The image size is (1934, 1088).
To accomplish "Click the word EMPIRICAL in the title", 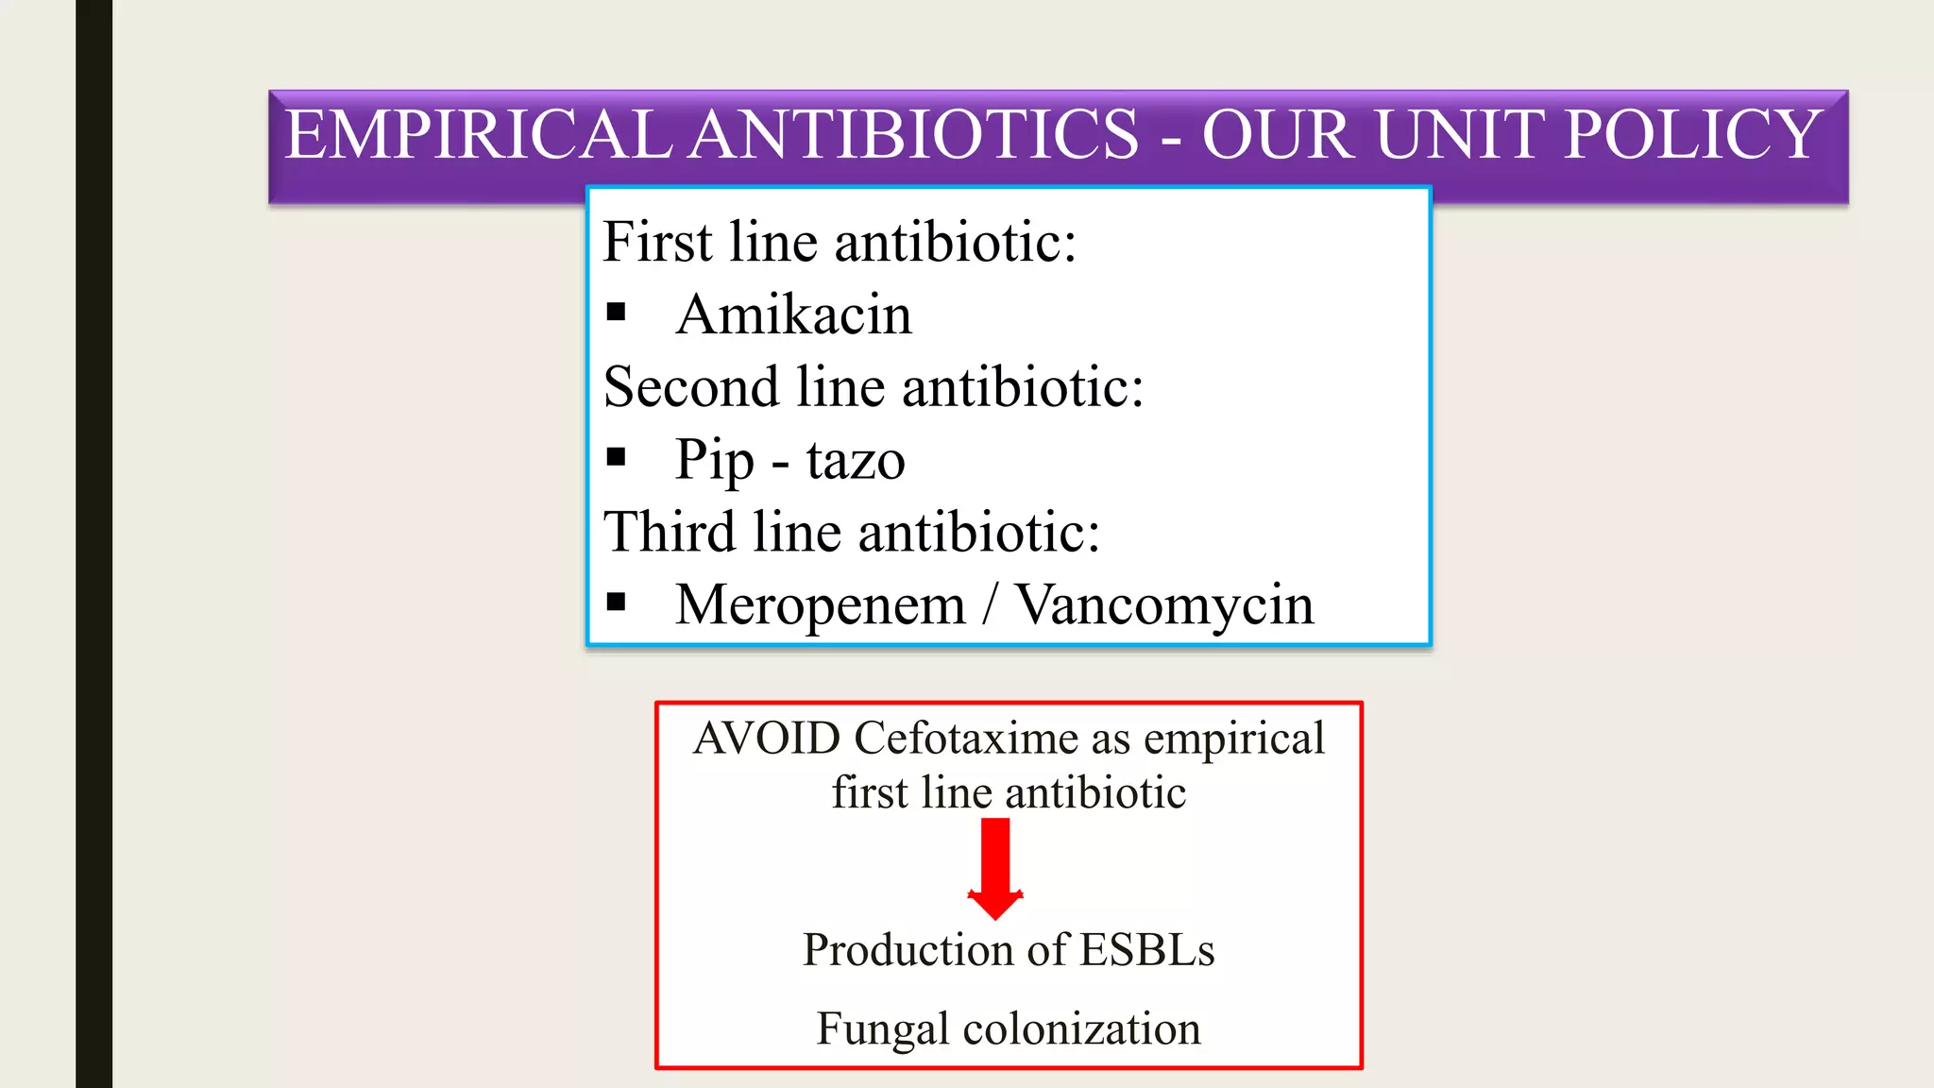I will pos(478,134).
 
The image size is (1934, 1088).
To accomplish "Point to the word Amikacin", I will pos(794,314).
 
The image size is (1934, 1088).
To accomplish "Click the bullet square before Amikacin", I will pos(617,313).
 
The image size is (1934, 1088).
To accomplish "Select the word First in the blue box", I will pos(657,242).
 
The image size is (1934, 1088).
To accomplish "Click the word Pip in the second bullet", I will pos(714,461).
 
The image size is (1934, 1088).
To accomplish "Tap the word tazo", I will pos(856,461).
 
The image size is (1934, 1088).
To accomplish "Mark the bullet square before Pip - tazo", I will pos(617,458).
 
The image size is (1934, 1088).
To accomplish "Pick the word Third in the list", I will pos(670,532).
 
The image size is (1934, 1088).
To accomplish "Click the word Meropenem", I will pos(821,605).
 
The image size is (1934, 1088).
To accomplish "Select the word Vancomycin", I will pos(1163,605).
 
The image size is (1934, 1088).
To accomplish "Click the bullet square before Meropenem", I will pos(617,603).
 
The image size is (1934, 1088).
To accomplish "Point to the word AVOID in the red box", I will pos(767,739).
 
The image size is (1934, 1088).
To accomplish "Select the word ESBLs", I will pos(1146,950).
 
